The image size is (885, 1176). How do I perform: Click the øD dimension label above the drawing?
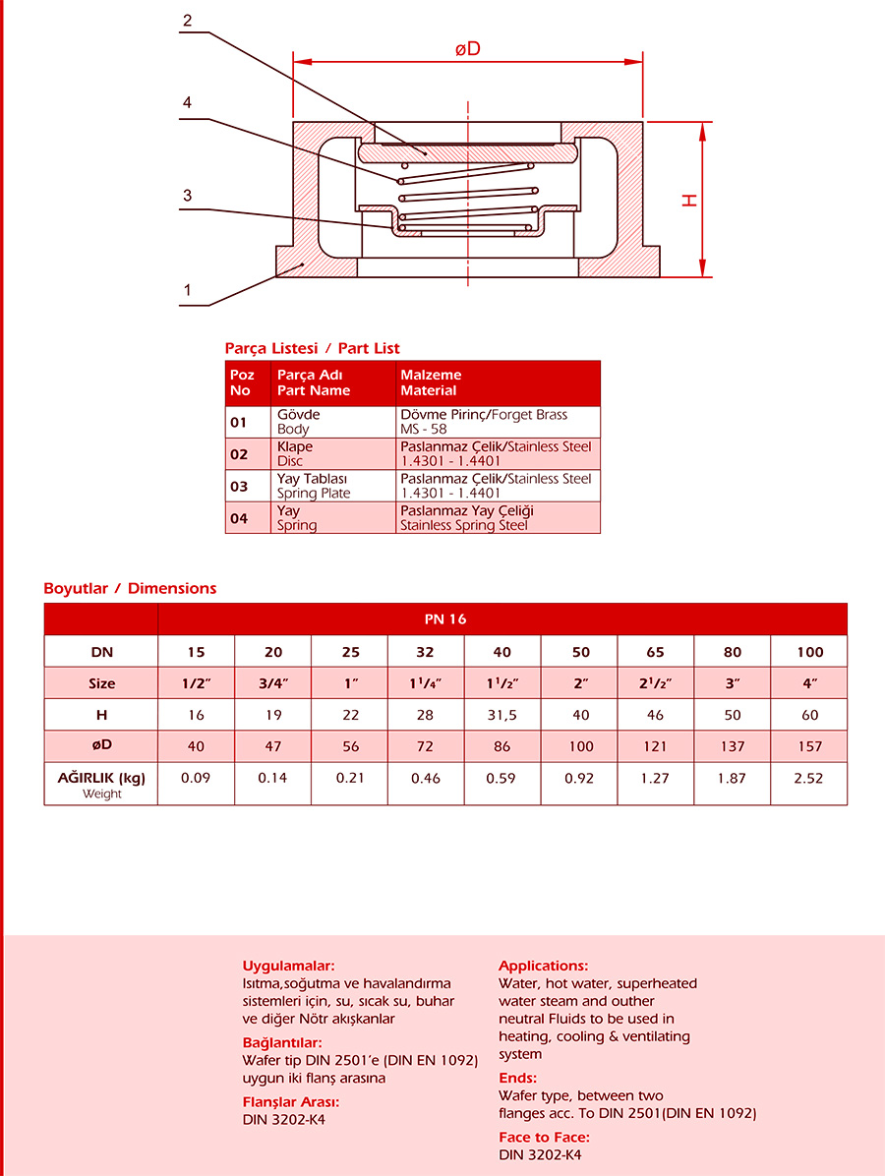[x=467, y=48]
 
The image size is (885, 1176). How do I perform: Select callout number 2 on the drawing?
[x=187, y=21]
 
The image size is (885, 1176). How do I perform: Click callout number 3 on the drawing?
[x=187, y=196]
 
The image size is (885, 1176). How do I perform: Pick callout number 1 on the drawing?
[x=187, y=291]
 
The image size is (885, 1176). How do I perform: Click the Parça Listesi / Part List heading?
[x=312, y=348]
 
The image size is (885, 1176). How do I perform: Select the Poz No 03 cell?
[x=238, y=486]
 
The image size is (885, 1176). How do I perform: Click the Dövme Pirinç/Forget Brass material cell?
[x=498, y=422]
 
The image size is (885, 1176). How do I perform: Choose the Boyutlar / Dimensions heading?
[x=130, y=588]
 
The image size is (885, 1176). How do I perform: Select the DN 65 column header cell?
[x=656, y=652]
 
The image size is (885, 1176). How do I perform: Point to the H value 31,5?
[x=502, y=715]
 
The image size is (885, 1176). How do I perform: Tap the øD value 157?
[x=809, y=746]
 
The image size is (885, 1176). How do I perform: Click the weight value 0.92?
[x=579, y=778]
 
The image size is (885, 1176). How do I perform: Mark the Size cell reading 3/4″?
[x=272, y=683]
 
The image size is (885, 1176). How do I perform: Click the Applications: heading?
[x=543, y=966]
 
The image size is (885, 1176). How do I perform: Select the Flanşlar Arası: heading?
[x=291, y=1102]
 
